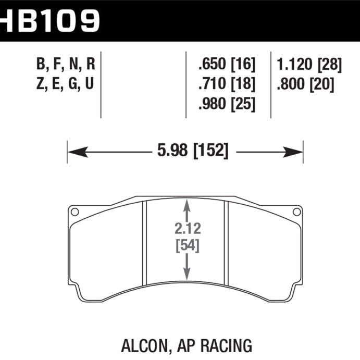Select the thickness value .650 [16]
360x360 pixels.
tap(227, 65)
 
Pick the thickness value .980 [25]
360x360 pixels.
tap(227, 104)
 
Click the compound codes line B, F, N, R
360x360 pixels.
tap(66, 65)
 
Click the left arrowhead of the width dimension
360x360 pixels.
tap(73, 152)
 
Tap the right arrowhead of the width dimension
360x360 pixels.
tap(297, 152)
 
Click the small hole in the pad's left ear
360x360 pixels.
tap(75, 212)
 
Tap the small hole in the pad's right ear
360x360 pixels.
tap(296, 212)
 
